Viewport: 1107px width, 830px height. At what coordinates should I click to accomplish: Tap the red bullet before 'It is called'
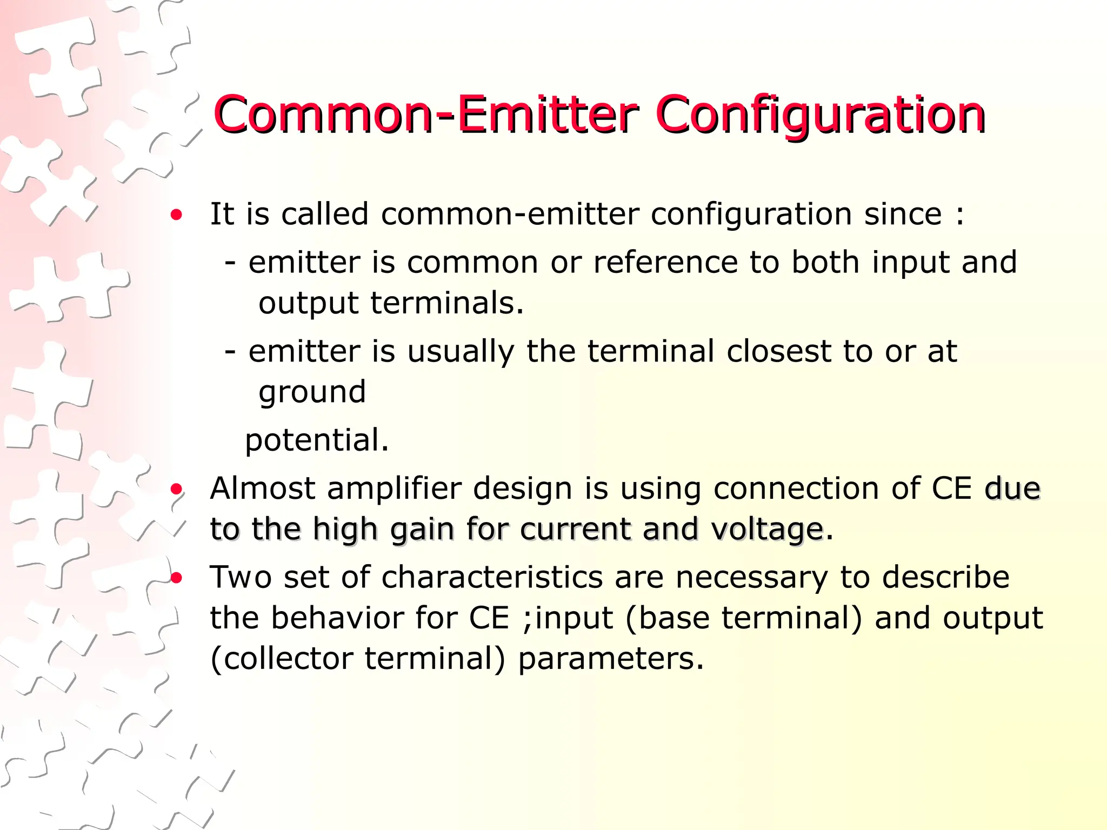[x=176, y=215]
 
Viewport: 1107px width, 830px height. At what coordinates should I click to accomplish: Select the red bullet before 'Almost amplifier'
[x=176, y=490]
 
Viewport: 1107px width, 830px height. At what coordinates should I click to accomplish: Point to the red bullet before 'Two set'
[x=176, y=578]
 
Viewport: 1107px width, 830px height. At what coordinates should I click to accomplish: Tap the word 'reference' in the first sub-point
[x=665, y=263]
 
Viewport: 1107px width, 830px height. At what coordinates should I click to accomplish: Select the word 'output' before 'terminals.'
[x=309, y=304]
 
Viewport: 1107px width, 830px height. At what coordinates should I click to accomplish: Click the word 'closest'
[x=779, y=352]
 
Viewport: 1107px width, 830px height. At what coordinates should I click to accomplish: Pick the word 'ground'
[x=312, y=393]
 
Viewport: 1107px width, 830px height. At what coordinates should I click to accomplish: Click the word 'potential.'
[x=317, y=440]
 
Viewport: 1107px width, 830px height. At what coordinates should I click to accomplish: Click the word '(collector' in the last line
[x=282, y=659]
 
